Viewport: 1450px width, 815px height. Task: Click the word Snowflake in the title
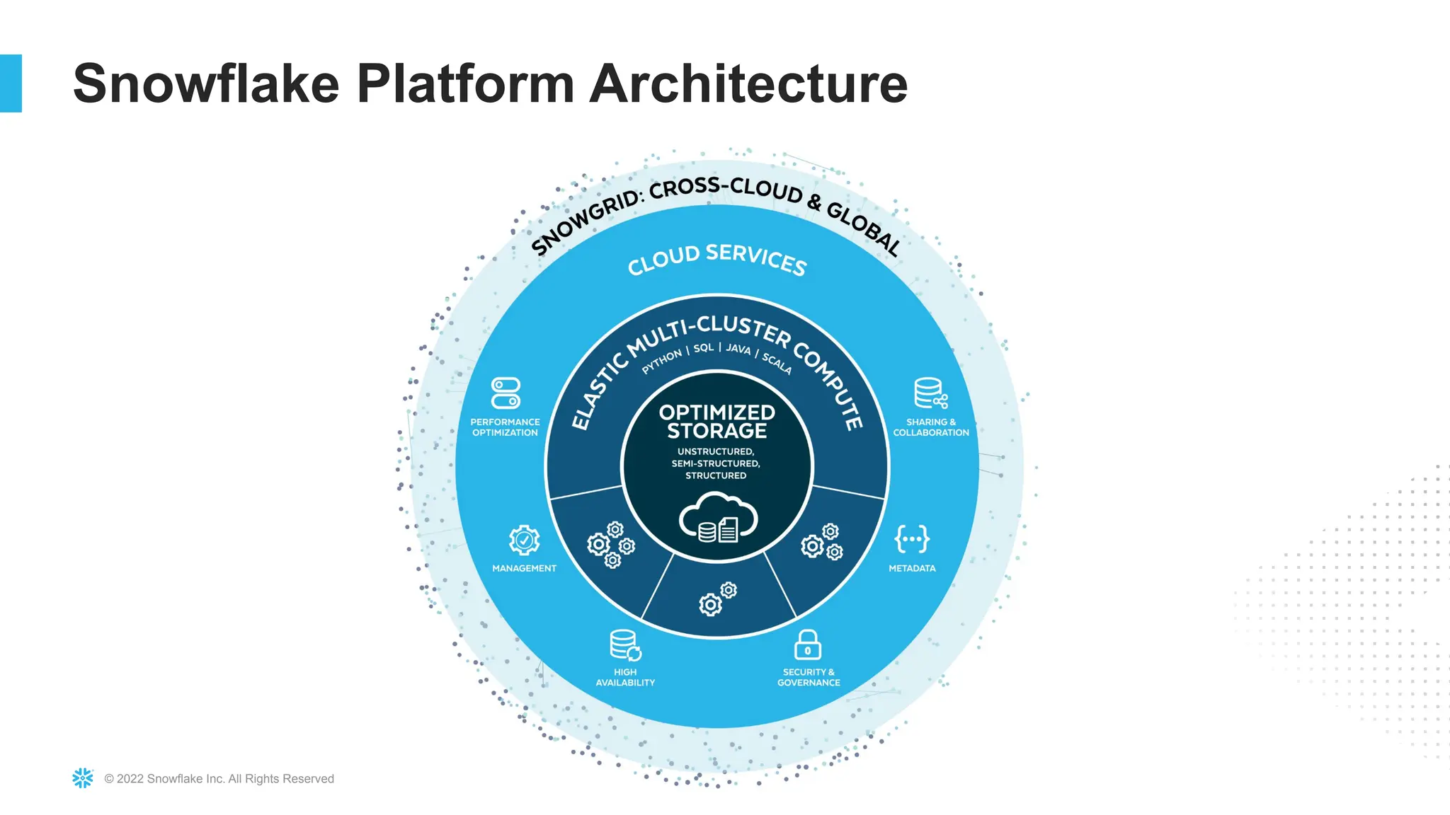tap(206, 83)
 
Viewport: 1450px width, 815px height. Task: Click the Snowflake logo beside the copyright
tap(83, 778)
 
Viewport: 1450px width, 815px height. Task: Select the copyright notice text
tap(219, 779)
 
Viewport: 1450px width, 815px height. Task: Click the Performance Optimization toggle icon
tap(506, 393)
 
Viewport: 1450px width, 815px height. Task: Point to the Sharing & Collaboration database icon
tap(930, 393)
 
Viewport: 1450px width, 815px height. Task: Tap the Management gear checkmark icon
tap(524, 541)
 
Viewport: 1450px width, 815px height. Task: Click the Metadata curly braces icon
tap(912, 539)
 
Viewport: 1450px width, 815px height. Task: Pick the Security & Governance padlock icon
tap(808, 645)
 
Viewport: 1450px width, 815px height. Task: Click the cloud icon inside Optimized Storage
tap(718, 519)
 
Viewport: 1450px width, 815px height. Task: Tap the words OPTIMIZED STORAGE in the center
tap(717, 422)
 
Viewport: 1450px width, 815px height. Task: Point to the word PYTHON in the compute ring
tap(662, 361)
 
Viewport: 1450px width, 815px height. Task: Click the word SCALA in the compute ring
tap(777, 364)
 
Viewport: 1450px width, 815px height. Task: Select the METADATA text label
tap(912, 568)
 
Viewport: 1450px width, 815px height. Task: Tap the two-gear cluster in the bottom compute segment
tap(717, 599)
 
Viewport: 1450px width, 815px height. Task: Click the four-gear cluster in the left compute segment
tap(611, 545)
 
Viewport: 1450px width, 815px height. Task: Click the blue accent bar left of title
tap(11, 83)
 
